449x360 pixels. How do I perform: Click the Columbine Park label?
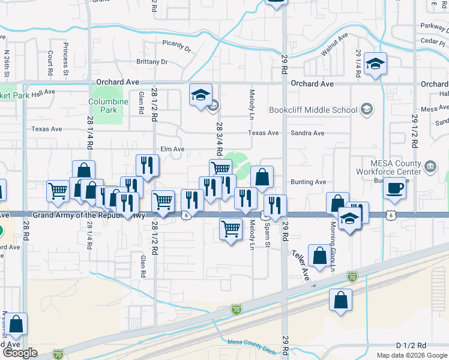pos(108,106)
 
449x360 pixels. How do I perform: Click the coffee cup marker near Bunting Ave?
pos(395,188)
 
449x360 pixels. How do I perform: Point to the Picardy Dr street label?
pos(176,44)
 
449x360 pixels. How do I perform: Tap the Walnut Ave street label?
pos(334,46)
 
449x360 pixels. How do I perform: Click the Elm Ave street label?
pos(172,149)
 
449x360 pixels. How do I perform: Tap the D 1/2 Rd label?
pos(411,346)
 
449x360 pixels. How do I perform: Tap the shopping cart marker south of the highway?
pos(231,229)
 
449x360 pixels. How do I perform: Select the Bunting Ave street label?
pos(308,182)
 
